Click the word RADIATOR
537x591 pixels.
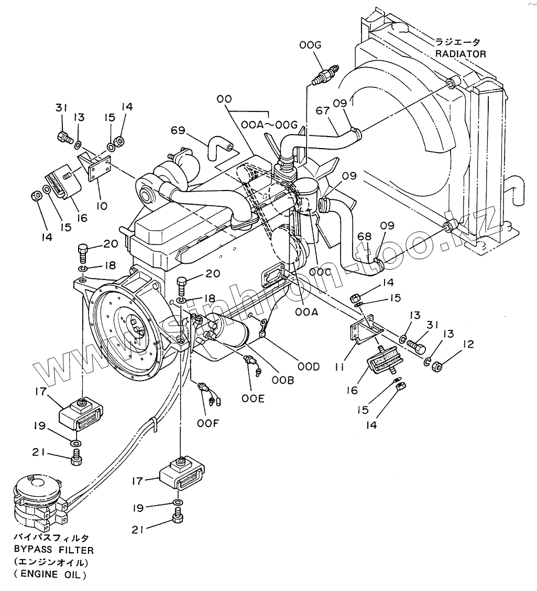tap(461, 54)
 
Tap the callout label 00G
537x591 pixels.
tap(310, 45)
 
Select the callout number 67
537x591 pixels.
tap(323, 111)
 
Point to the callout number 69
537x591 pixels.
tap(178, 130)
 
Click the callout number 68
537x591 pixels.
tap(364, 237)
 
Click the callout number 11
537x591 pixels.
tap(339, 366)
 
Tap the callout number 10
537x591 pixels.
tap(102, 206)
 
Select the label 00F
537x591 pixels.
tap(208, 423)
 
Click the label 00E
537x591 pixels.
tap(253, 398)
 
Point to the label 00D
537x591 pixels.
tap(309, 366)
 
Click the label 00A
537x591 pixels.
tap(307, 312)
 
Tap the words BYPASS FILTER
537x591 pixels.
tap(54, 550)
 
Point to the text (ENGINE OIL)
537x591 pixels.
tap(50, 575)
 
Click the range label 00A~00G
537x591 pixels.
tap(269, 125)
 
